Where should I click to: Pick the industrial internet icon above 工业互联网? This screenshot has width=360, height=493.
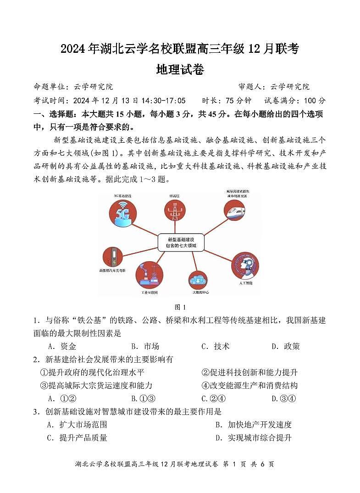pos(150,274)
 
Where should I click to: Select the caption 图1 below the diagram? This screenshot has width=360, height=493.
pos(180,307)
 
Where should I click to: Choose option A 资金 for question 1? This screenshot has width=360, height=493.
pos(62,346)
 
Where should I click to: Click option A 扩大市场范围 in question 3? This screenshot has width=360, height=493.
pos(77,425)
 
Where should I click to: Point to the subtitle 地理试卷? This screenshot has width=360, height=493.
pos(180,70)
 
